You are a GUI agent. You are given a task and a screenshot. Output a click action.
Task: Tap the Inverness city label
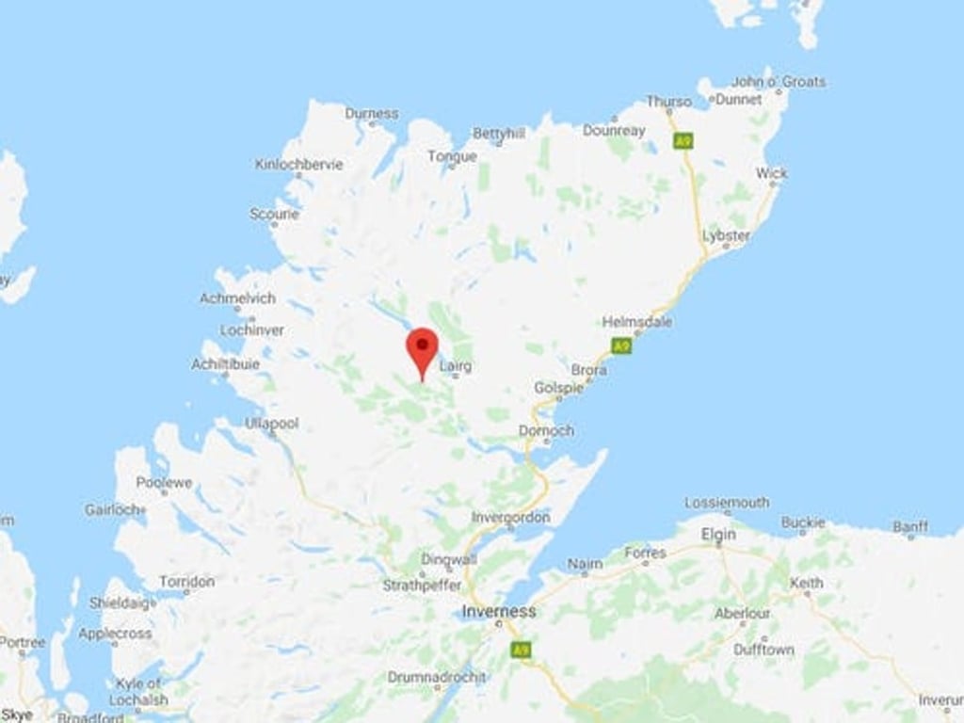click(499, 612)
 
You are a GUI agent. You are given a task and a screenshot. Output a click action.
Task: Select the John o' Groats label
click(778, 82)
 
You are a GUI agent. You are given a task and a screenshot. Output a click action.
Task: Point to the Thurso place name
click(668, 102)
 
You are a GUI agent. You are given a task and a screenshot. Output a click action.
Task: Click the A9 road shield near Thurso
click(682, 141)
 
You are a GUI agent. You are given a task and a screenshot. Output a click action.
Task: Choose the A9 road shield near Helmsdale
click(620, 346)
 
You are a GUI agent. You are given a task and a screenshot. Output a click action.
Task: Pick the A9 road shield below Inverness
click(519, 650)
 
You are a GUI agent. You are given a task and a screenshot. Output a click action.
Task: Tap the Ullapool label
click(272, 424)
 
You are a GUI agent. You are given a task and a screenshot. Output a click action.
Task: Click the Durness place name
click(372, 114)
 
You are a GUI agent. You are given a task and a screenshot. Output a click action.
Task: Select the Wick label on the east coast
click(771, 174)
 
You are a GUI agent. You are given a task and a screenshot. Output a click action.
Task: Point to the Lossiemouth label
click(727, 503)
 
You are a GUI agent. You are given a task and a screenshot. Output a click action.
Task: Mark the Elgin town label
click(718, 535)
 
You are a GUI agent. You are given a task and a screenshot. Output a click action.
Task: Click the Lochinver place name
click(252, 330)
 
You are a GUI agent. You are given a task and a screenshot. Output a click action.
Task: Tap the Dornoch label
click(546, 431)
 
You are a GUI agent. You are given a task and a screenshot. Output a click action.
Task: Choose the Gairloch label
click(113, 509)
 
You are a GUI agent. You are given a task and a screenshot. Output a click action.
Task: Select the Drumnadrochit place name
click(437, 677)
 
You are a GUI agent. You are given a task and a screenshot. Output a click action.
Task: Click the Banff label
click(910, 527)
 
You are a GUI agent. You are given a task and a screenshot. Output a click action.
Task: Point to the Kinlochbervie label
click(298, 165)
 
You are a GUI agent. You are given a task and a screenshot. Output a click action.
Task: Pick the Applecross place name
click(115, 634)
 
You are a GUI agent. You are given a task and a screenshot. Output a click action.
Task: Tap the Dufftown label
click(763, 650)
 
